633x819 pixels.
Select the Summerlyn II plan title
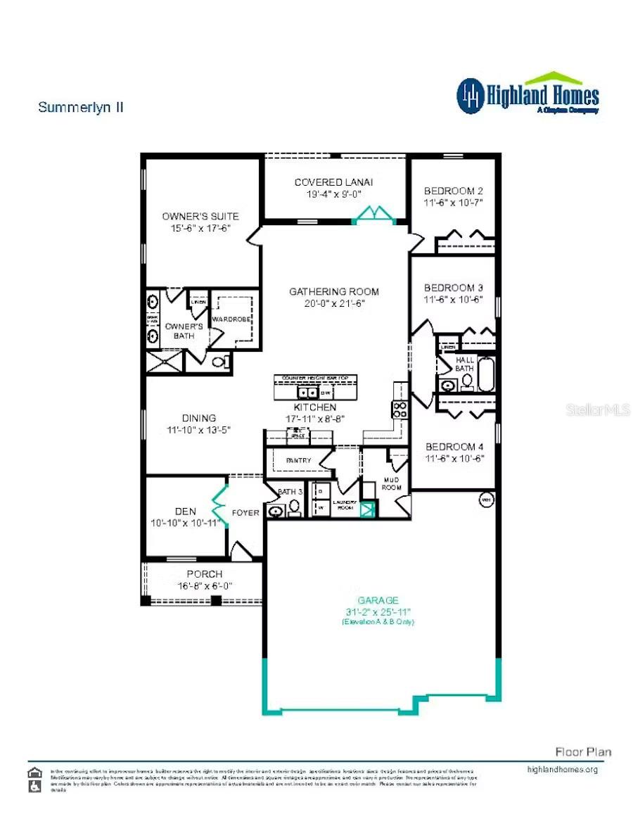tap(81, 107)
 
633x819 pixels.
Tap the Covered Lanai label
tap(333, 182)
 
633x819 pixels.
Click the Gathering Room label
tap(333, 291)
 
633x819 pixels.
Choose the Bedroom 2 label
tap(453, 191)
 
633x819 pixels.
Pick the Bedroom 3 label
tap(453, 288)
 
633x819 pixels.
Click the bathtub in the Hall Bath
tap(487, 373)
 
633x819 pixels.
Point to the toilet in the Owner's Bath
tap(221, 363)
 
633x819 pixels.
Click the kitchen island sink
tap(307, 393)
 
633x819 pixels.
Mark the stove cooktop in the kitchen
tap(399, 409)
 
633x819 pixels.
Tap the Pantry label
tap(298, 461)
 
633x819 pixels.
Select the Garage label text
tap(378, 600)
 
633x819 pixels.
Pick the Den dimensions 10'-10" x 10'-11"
tap(186, 523)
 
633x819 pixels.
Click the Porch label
tap(204, 574)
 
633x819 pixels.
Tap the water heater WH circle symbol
tap(485, 500)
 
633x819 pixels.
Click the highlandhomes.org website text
tap(562, 770)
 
